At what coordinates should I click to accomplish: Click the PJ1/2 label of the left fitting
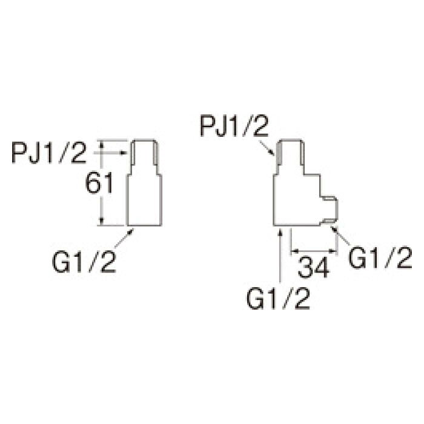48,153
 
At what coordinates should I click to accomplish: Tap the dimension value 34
313,268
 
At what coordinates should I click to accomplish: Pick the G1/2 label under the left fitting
84,262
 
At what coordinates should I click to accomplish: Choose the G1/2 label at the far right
380,257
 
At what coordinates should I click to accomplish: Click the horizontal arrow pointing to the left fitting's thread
110,153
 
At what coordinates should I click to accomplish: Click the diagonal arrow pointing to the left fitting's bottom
124,238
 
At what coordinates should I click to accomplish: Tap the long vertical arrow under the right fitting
280,255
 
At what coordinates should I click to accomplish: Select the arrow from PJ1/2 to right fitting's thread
267,148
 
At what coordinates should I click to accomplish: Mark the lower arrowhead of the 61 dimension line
101,222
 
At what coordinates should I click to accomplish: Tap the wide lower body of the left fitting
144,200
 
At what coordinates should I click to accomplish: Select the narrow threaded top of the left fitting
144,157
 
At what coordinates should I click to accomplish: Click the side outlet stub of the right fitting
329,210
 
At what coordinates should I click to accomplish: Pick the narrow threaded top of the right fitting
290,157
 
